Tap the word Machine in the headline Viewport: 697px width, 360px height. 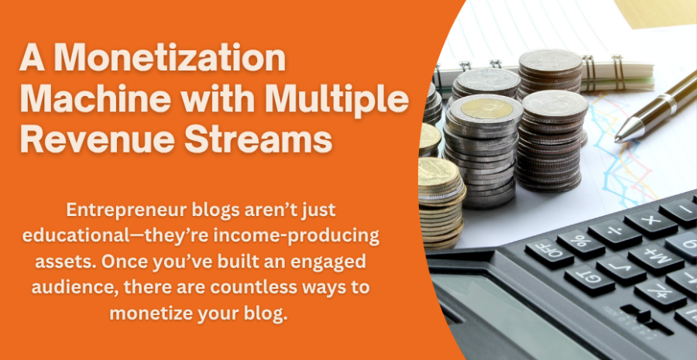click(91, 100)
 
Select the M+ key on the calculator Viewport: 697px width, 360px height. click(655, 259)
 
